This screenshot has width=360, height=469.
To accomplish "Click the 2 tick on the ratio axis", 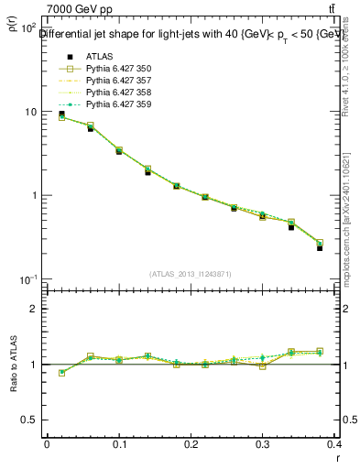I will point(33,309).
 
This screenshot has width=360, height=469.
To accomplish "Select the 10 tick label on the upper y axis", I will point(28,112).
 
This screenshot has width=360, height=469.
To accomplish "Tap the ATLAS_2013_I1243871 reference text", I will point(191,274).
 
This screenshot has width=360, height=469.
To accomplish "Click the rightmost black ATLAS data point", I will point(320,248).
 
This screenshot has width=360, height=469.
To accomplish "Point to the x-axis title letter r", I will point(336,458).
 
